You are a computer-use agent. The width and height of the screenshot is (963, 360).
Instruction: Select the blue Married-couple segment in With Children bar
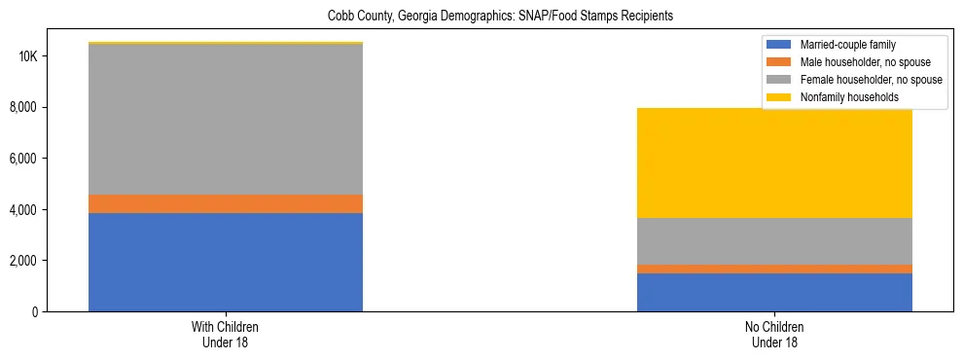(x=226, y=262)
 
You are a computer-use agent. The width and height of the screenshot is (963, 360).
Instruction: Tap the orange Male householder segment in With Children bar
(x=226, y=203)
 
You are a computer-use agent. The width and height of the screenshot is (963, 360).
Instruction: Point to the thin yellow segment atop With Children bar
(x=226, y=43)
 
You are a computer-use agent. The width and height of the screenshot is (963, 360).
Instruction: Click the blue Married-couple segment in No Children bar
(x=774, y=292)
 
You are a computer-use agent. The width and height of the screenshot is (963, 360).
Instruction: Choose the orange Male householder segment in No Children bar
(x=774, y=269)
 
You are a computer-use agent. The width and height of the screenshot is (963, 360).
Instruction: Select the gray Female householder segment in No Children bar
(x=774, y=241)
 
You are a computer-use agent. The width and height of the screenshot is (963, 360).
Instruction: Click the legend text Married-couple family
(x=847, y=45)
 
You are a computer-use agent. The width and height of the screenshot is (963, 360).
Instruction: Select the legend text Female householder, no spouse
(x=871, y=80)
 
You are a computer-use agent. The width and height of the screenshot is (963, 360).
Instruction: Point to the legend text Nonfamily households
(x=842, y=97)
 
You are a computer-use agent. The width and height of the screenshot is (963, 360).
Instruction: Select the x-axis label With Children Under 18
(x=226, y=334)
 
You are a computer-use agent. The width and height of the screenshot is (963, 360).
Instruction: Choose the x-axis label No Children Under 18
(x=774, y=334)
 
